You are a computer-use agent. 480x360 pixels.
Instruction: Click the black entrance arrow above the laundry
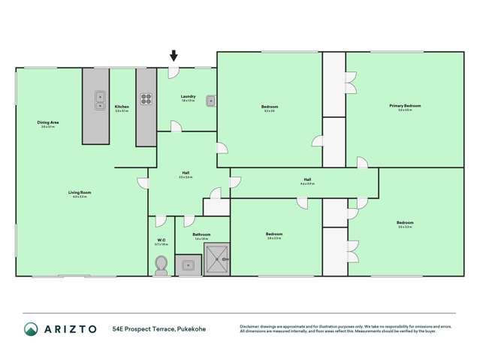(x=174, y=56)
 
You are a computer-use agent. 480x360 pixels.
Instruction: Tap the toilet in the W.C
(x=160, y=265)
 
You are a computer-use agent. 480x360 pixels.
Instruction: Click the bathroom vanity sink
(x=188, y=265)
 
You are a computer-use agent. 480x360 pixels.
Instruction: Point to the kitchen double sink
(x=100, y=101)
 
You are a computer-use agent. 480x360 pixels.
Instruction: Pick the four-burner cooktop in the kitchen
(x=146, y=98)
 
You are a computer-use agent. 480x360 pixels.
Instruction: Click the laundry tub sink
(x=211, y=101)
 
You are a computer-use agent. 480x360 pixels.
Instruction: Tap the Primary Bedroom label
(x=405, y=106)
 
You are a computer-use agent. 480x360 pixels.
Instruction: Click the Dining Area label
(x=48, y=123)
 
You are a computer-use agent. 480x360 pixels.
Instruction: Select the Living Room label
(x=80, y=192)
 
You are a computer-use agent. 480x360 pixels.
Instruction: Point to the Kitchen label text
(x=122, y=107)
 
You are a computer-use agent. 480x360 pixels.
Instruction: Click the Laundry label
(x=188, y=96)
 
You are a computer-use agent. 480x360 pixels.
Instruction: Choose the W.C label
(x=161, y=240)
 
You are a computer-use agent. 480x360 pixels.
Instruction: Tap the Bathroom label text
(x=201, y=234)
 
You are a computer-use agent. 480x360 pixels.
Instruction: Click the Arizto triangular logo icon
(x=31, y=329)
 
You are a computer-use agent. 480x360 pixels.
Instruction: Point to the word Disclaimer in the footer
(x=252, y=326)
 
